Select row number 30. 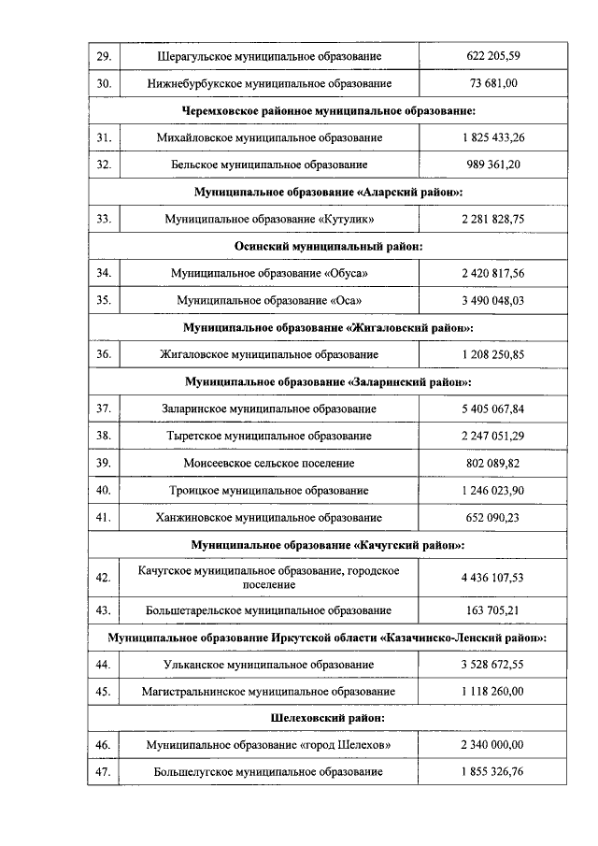click(104, 83)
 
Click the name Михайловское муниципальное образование click(269, 137)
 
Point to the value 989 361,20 click(492, 165)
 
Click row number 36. click(104, 354)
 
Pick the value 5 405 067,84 click(492, 409)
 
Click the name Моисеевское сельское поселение click(269, 463)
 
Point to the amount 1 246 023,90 click(492, 490)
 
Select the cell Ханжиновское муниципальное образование click(269, 517)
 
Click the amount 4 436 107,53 click(492, 577)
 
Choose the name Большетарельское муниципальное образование click(269, 610)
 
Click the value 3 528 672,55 click(492, 664)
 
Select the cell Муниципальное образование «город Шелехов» click(269, 745)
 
